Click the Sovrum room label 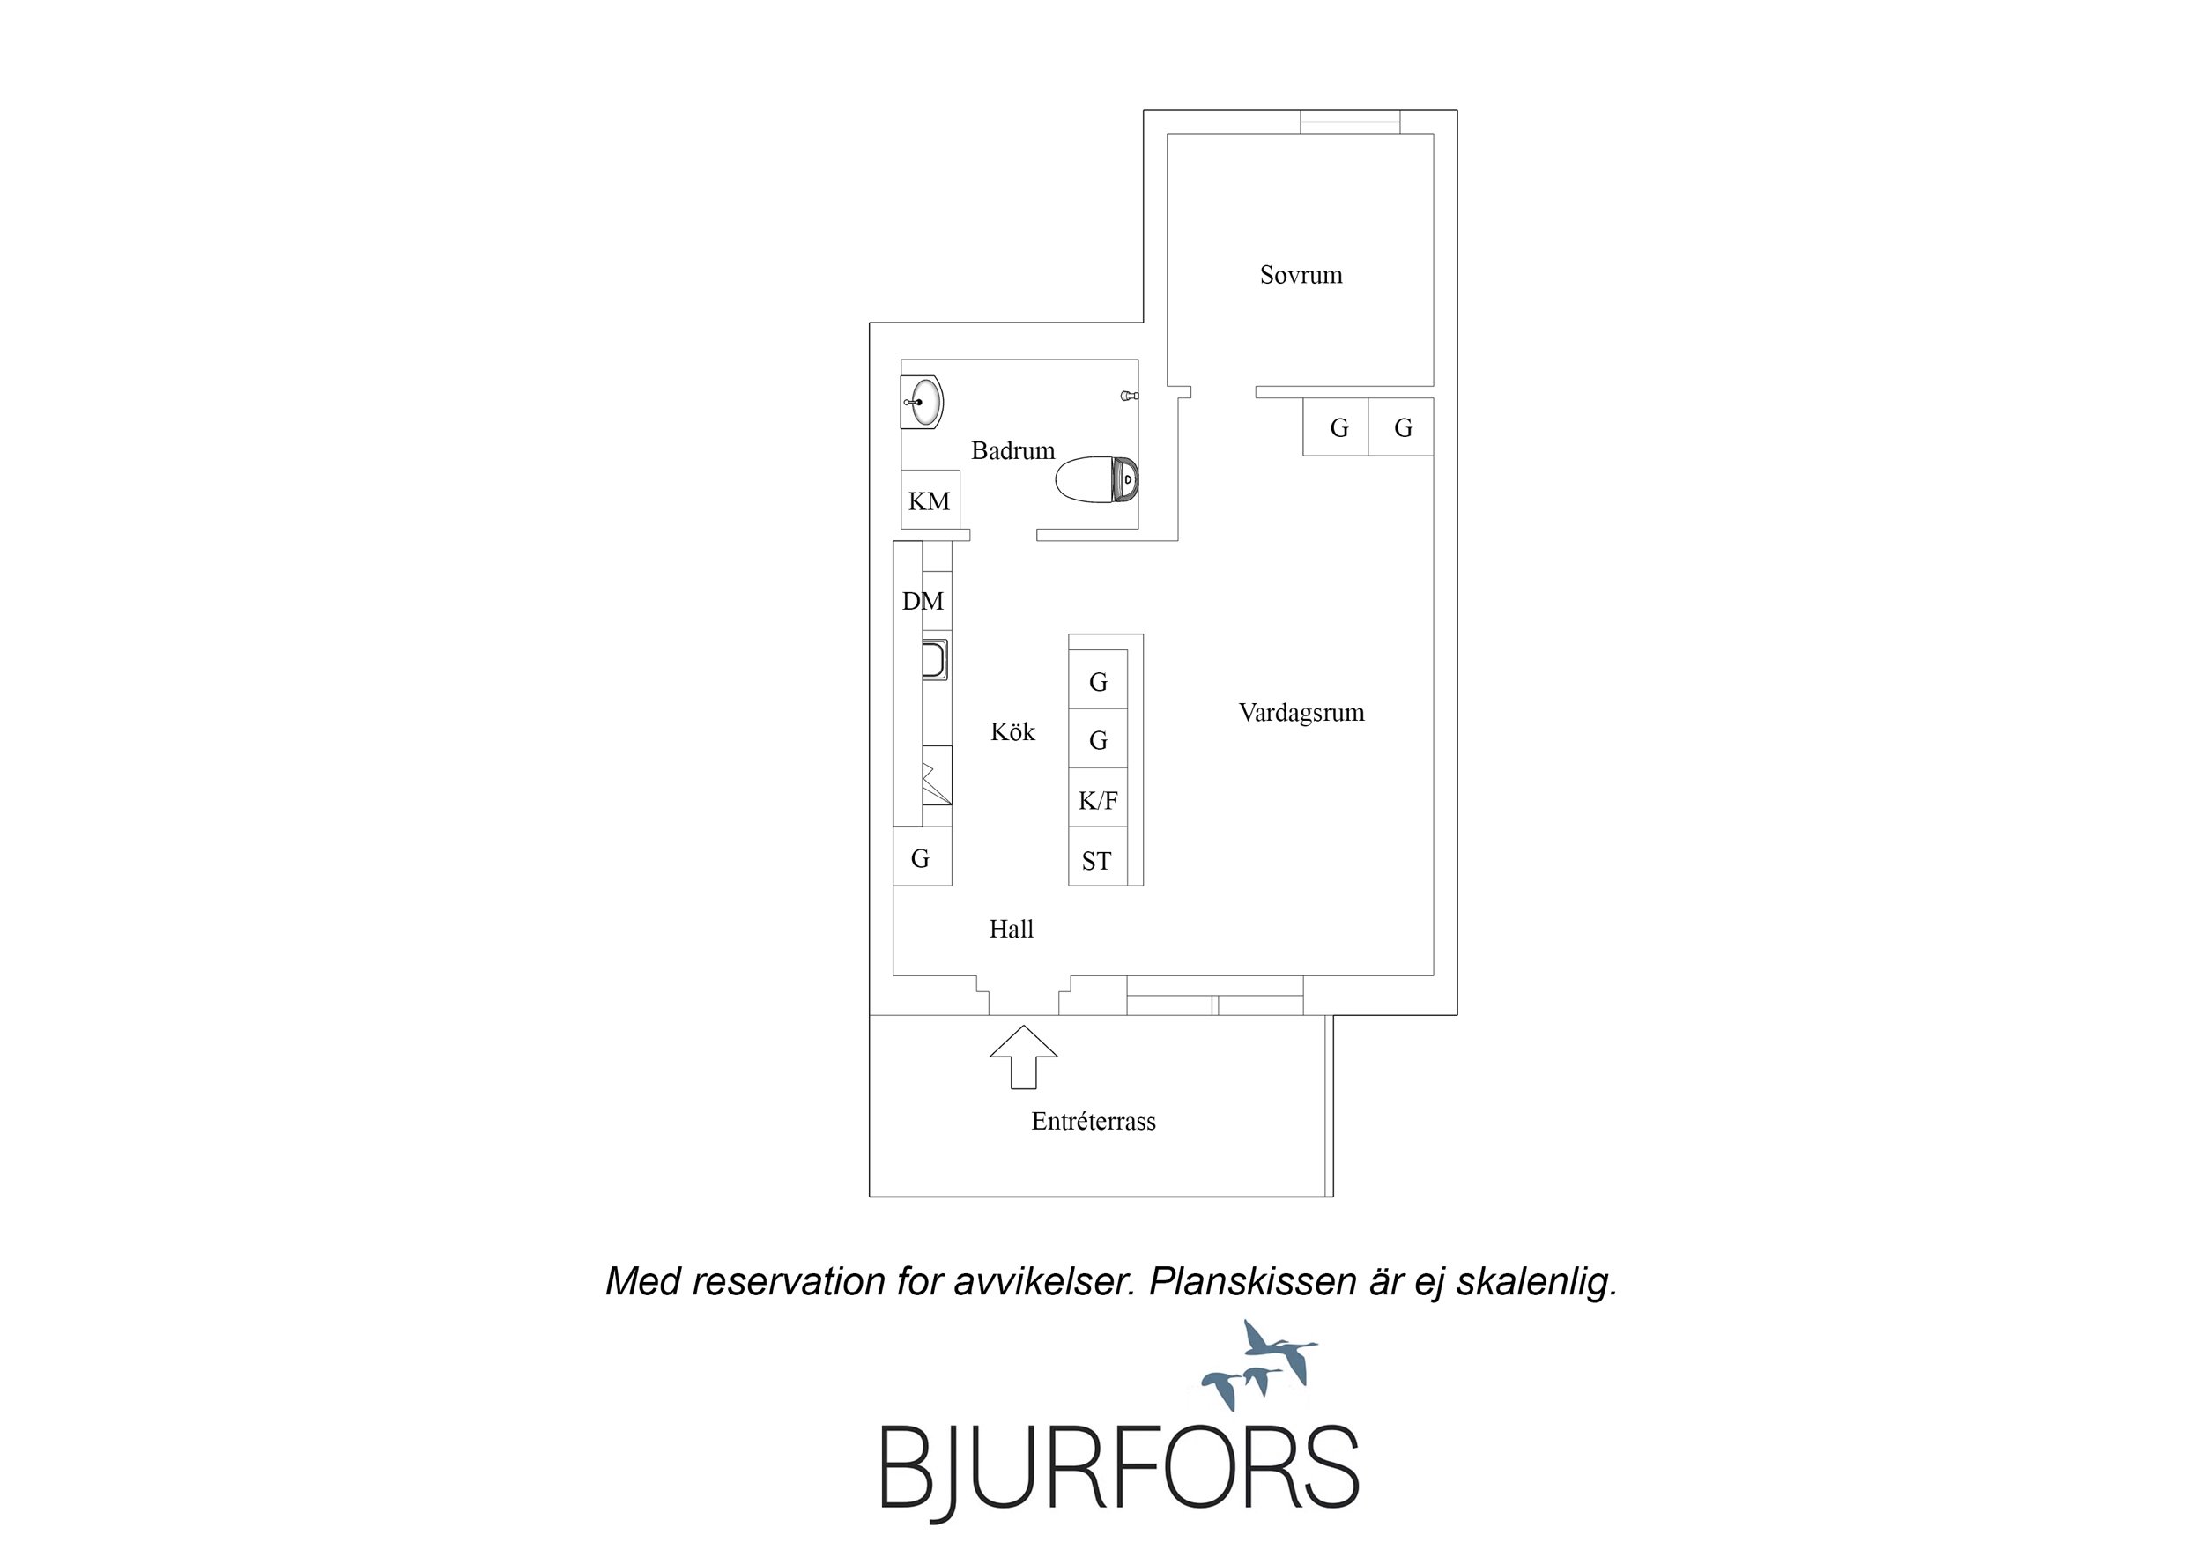point(1301,275)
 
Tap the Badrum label point(1012,451)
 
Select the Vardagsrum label point(1301,713)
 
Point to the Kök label point(1012,732)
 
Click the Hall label point(1012,929)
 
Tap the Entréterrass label point(1094,1122)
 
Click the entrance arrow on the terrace point(1023,1057)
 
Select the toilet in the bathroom point(1097,478)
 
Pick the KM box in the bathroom point(930,500)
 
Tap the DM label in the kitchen point(923,602)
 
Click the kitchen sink point(935,659)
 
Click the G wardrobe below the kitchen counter point(923,856)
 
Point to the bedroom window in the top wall point(1349,122)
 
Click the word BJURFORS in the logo point(1119,1469)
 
